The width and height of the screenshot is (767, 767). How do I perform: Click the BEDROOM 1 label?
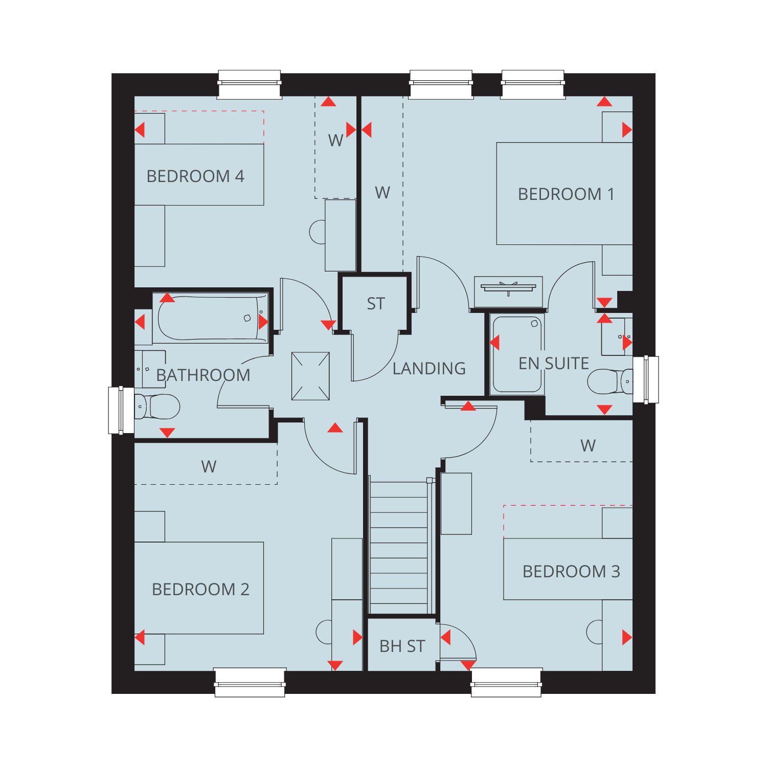566,194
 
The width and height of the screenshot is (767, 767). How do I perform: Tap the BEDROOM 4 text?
195,176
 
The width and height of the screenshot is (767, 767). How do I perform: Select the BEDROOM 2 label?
200,590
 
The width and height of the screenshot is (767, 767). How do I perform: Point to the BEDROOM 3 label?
571,571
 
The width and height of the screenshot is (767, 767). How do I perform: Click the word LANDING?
429,368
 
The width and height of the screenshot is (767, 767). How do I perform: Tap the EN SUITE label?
554,364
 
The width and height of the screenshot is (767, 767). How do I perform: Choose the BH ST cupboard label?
402,646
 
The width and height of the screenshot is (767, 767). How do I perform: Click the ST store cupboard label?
375,304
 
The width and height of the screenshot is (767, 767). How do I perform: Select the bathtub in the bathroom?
210,319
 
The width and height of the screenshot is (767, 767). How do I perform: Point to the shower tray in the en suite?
517,354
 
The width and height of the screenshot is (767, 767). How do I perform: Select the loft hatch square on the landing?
310,376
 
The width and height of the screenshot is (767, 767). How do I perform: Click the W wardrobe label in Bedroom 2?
209,466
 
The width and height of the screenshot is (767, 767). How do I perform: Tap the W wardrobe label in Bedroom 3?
588,446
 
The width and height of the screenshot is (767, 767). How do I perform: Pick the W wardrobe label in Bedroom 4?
335,140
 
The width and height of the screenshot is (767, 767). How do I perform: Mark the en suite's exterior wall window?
646,379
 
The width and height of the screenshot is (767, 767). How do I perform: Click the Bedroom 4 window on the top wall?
250,84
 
